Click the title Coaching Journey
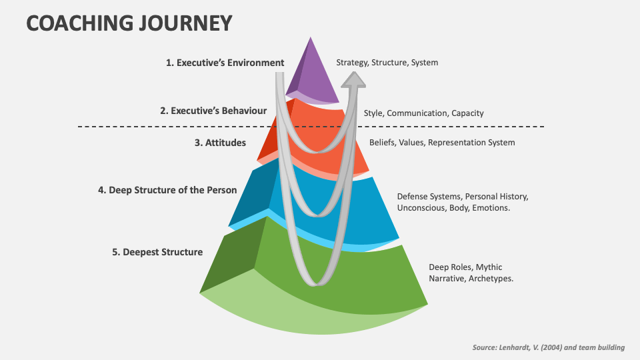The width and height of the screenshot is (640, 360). click(129, 23)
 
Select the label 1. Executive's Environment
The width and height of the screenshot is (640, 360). click(225, 63)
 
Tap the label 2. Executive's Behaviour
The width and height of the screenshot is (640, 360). click(213, 111)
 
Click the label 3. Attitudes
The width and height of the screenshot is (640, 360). click(220, 143)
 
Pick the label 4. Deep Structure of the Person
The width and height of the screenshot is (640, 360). click(167, 190)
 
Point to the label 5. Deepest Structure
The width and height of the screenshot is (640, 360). click(157, 252)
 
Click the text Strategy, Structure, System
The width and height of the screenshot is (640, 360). click(387, 63)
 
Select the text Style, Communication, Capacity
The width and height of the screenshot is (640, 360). click(424, 113)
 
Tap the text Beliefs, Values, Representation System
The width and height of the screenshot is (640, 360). click(442, 143)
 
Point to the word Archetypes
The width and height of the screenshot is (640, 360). click(491, 279)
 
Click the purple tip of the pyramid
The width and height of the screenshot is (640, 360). click(312, 71)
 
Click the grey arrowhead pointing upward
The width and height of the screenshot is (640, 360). click(353, 80)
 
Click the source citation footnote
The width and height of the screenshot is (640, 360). click(549, 348)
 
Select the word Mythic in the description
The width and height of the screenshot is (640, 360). click(489, 267)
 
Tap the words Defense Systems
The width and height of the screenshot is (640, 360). click(429, 197)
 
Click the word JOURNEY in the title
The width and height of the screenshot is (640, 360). click(185, 23)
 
